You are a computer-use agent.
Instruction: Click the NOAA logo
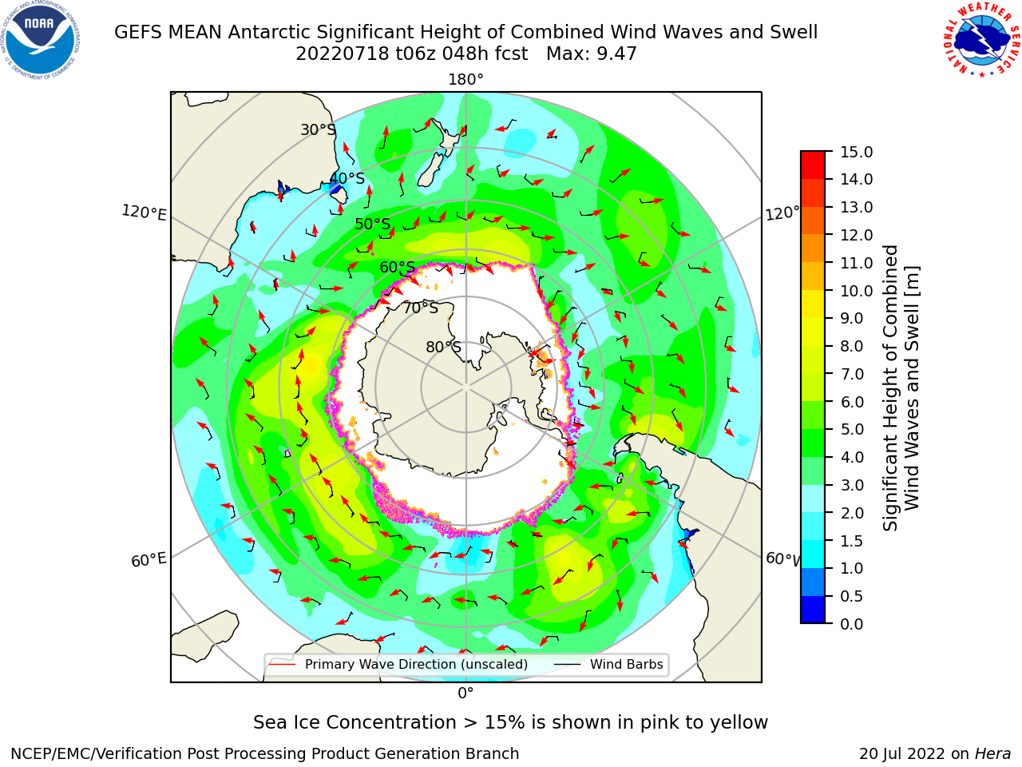coord(41,40)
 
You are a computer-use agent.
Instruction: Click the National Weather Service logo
coord(981,39)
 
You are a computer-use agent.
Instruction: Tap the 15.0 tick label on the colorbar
coord(856,152)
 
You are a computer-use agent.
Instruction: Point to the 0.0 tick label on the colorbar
coord(852,623)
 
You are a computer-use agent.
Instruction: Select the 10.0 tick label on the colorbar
coord(856,291)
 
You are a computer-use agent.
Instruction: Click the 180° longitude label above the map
coord(465,80)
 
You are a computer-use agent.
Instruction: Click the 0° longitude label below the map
coord(465,693)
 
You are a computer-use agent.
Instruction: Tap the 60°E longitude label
coord(149,559)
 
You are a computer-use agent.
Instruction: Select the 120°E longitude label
coord(144,213)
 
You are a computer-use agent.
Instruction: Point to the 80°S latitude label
coord(443,347)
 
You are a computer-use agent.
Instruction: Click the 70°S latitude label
coord(421,308)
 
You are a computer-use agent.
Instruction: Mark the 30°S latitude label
coord(318,129)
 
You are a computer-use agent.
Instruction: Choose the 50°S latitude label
coord(373,224)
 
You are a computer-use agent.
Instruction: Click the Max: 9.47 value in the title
coord(592,54)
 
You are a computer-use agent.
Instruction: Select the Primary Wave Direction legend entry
coord(399,664)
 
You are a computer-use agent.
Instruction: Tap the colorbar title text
coord(901,387)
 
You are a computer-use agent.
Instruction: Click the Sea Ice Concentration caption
coord(510,722)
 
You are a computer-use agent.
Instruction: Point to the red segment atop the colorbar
coord(813,165)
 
